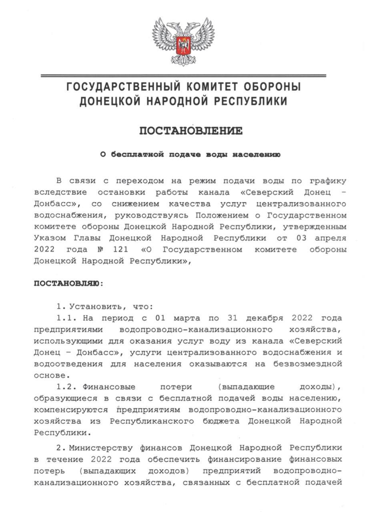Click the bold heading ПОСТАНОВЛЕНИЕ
click(x=191, y=131)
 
